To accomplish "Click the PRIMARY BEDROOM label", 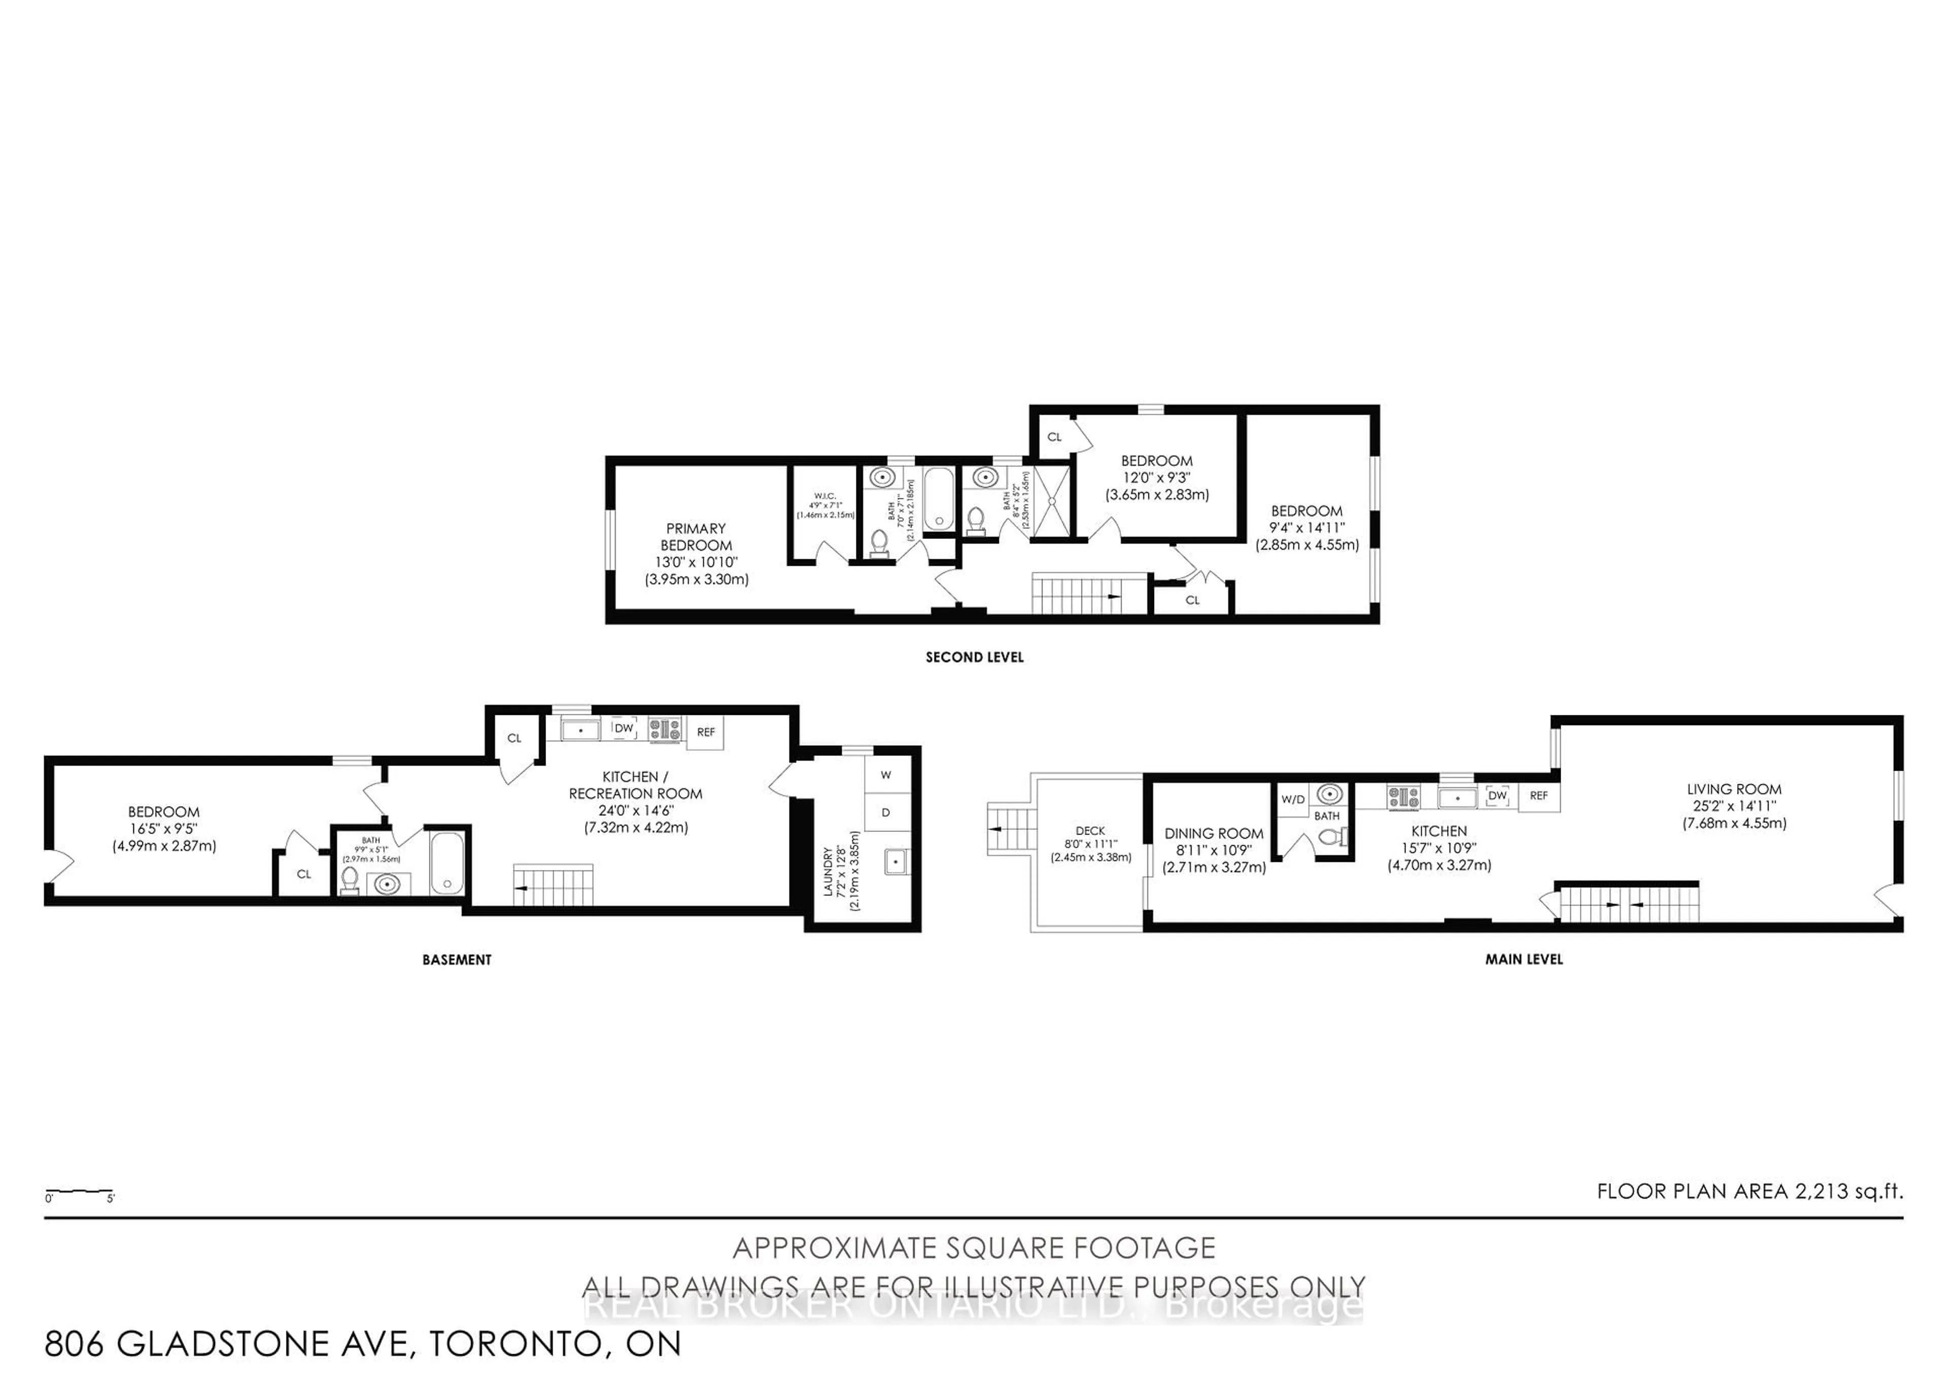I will (695, 537).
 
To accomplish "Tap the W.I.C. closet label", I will (824, 496).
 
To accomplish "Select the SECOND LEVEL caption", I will (975, 657).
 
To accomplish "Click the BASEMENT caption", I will (456, 960).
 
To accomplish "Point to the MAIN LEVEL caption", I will (1523, 960).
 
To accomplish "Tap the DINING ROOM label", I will (1213, 834).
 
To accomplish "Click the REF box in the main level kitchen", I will (1538, 795).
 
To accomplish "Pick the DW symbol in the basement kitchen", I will (624, 728).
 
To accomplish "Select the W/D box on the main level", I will (1292, 800).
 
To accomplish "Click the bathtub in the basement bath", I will (447, 863).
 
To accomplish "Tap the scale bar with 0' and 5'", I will (79, 1193).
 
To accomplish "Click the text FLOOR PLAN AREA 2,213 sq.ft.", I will (1749, 1191).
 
